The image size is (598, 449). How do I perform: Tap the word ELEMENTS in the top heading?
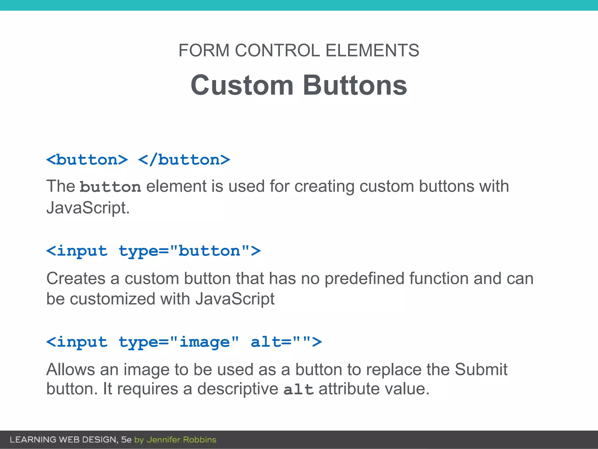click(372, 50)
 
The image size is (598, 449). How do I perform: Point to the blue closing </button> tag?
click(184, 160)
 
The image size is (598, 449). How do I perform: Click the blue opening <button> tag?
click(87, 160)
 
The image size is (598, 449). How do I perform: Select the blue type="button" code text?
click(190, 251)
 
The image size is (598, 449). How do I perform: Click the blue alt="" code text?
click(286, 342)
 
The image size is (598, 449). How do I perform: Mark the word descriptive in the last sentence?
click(238, 389)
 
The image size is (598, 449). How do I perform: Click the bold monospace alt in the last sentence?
click(298, 390)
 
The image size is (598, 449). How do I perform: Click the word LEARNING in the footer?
click(33, 440)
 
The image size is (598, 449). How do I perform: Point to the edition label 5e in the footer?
click(126, 440)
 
